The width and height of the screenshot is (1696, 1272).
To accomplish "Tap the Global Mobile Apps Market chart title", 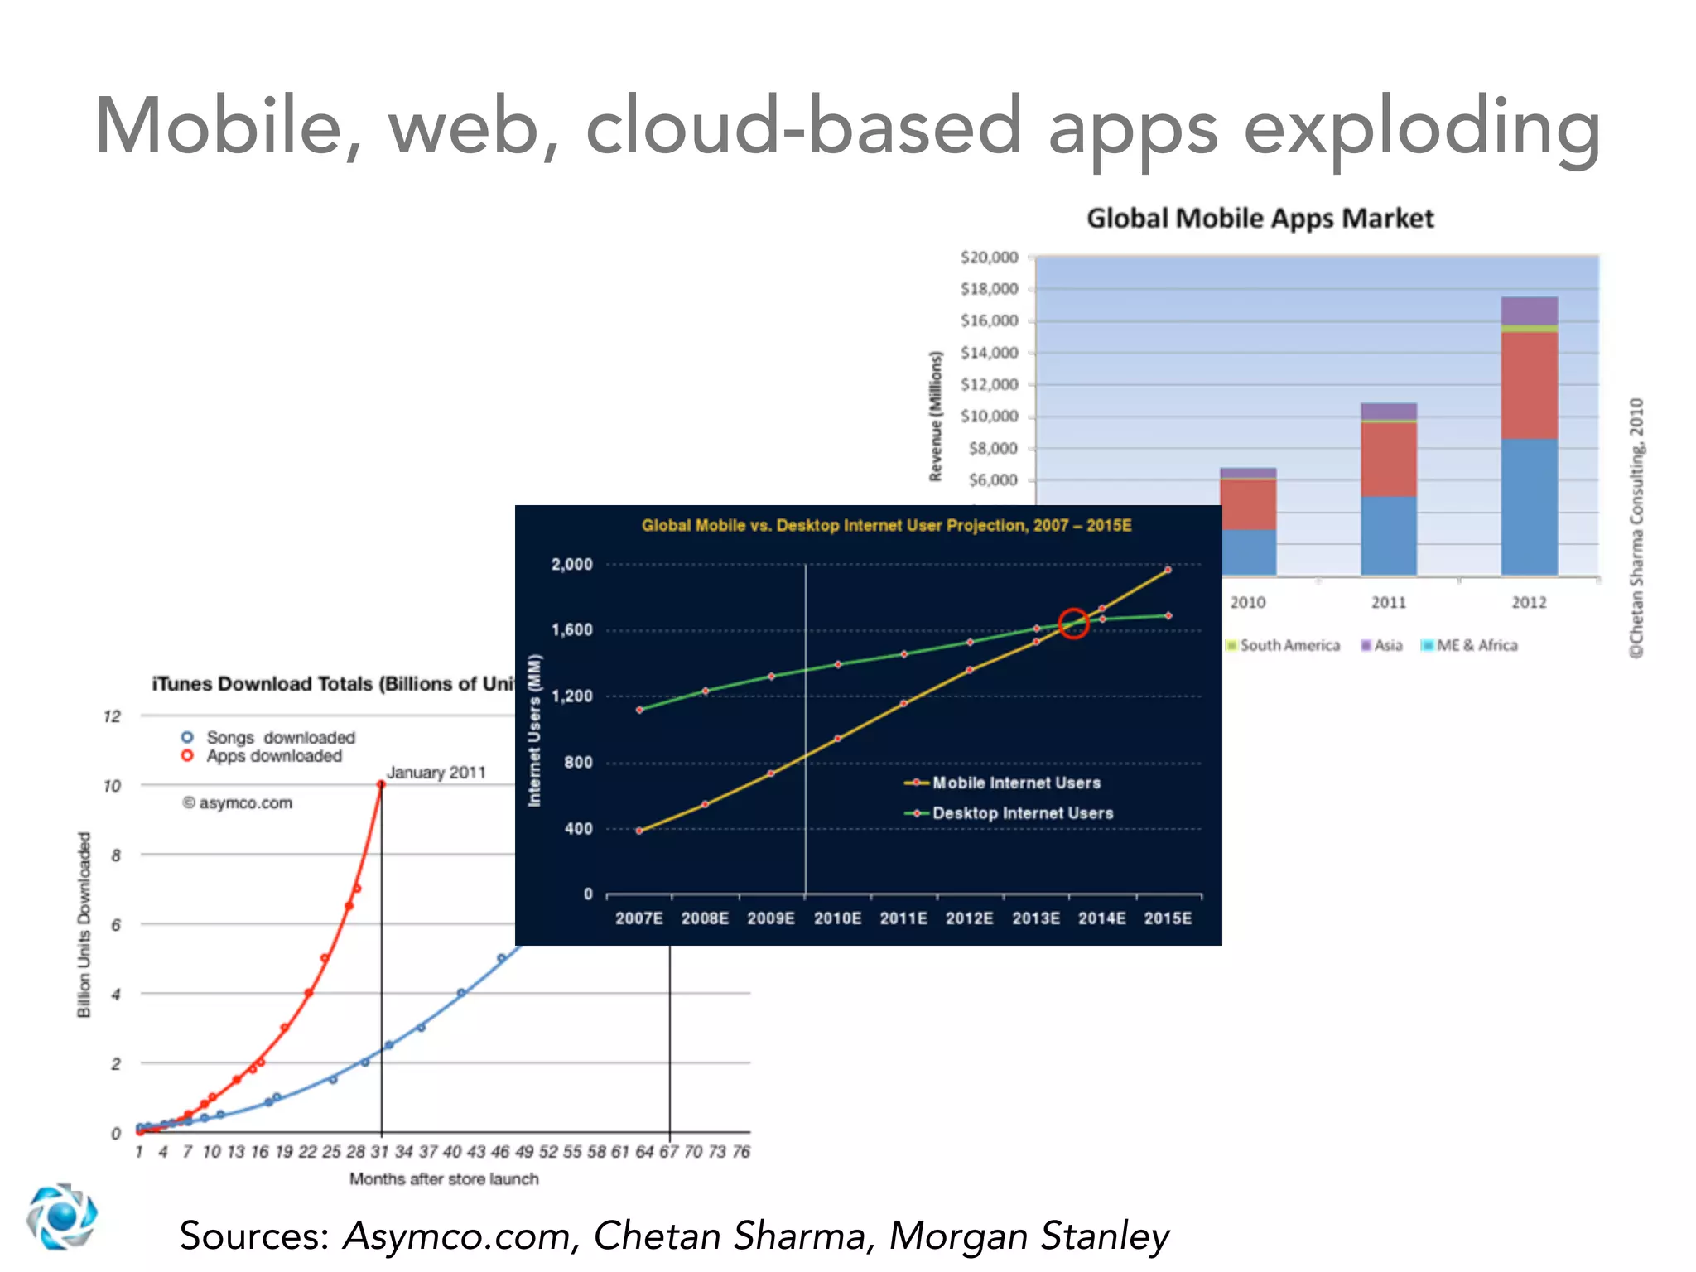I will [1260, 219].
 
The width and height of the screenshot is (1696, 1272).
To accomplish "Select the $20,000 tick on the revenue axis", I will [989, 258].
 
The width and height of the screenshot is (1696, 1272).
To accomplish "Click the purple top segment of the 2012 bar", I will [1529, 311].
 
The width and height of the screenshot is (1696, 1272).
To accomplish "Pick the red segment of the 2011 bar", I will [1389, 460].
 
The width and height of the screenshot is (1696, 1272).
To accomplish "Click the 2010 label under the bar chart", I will [1247, 603].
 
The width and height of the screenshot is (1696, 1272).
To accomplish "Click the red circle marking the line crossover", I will [1073, 624].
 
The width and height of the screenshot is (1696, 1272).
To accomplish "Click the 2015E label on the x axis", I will [1168, 918].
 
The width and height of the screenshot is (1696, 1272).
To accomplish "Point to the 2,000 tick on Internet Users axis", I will [572, 565].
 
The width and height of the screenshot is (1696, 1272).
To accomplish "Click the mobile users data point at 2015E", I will [1168, 571].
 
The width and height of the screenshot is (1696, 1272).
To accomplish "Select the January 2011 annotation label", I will [436, 773].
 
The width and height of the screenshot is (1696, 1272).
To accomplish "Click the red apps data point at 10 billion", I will [381, 784].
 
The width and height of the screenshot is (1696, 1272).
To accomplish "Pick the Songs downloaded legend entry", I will [269, 737].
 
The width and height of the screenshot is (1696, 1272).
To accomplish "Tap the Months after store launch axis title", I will [444, 1179].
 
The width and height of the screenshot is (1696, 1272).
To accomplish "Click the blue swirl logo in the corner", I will [61, 1217].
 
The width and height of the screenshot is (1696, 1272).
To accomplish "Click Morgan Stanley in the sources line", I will [1029, 1236].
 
